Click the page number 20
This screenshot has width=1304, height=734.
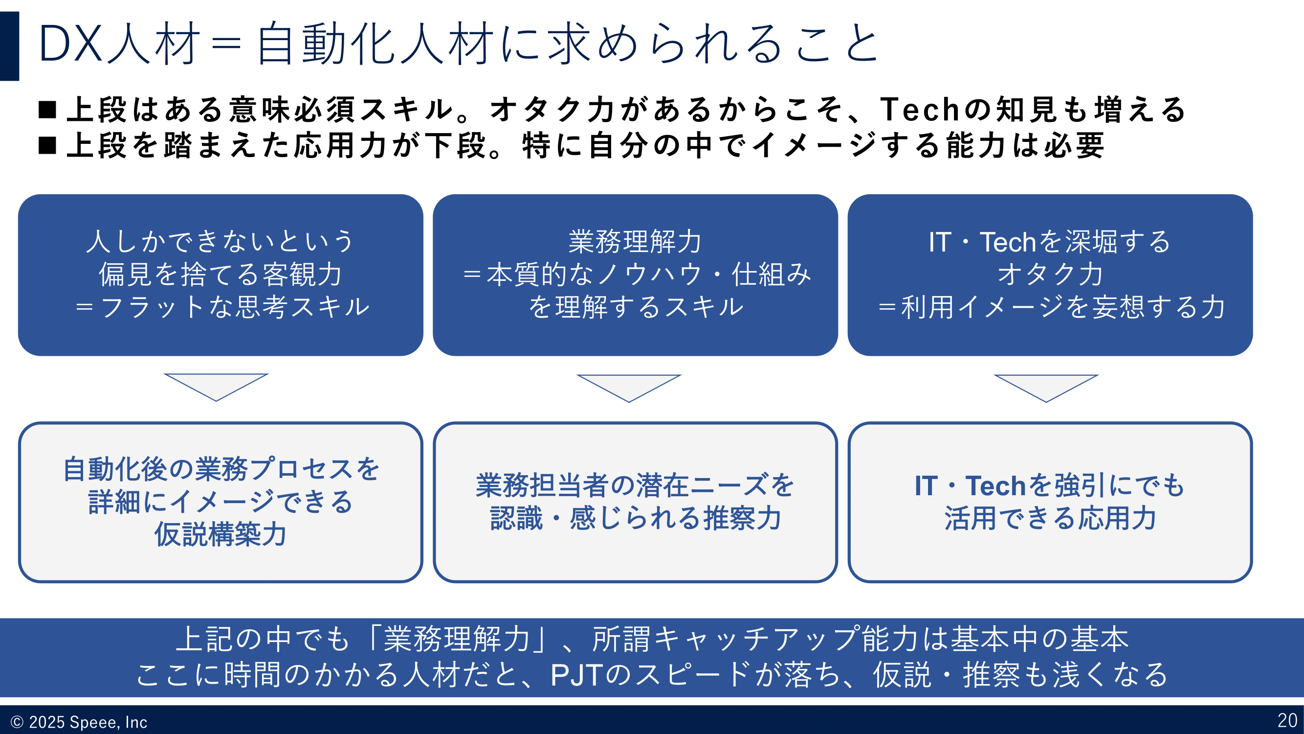[1287, 720]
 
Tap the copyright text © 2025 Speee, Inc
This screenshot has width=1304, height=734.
[79, 722]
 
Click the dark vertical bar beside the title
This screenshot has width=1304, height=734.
[9, 46]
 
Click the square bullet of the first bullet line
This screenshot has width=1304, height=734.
[47, 110]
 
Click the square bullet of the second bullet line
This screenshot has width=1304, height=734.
[47, 145]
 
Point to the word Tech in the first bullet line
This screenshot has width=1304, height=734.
[919, 110]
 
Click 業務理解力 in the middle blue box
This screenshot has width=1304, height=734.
[635, 242]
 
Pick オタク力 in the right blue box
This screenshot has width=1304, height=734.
[1050, 274]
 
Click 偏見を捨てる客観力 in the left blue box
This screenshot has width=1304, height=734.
[221, 274]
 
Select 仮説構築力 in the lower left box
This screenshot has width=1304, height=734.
[221, 534]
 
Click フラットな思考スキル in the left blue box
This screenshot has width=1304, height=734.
[235, 307]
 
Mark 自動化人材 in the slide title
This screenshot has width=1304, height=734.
[375, 44]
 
